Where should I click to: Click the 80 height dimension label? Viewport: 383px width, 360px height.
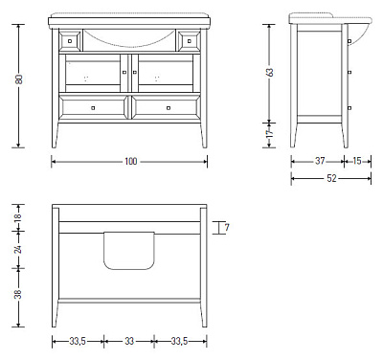tap(19, 79)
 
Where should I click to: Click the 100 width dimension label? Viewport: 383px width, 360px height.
tap(130, 162)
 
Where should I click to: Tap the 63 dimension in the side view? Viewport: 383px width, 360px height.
tap(270, 73)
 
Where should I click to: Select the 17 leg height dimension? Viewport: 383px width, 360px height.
tap(270, 133)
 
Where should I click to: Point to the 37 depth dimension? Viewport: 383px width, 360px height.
tap(320, 161)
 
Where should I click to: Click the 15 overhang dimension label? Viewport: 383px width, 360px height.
tap(357, 161)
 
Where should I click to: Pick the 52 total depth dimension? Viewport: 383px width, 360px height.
tap(331, 178)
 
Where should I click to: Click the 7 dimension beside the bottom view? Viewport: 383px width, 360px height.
tap(227, 228)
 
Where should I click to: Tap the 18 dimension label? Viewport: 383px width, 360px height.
tap(19, 216)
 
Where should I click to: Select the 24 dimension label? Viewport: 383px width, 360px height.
tap(19, 249)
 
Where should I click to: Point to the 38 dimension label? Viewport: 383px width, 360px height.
tap(19, 294)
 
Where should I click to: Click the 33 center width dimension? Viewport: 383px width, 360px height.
tap(129, 341)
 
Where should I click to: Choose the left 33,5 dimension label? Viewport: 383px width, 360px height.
tap(78, 341)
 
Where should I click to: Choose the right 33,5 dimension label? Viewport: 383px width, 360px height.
tap(179, 341)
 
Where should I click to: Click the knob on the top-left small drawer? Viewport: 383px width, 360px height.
tap(70, 41)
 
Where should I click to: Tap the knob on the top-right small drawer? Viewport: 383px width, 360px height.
tap(189, 41)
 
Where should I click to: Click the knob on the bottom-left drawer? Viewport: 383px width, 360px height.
tap(93, 108)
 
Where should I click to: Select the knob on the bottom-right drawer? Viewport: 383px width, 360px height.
tap(169, 108)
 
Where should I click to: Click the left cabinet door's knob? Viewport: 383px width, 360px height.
tap(124, 73)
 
